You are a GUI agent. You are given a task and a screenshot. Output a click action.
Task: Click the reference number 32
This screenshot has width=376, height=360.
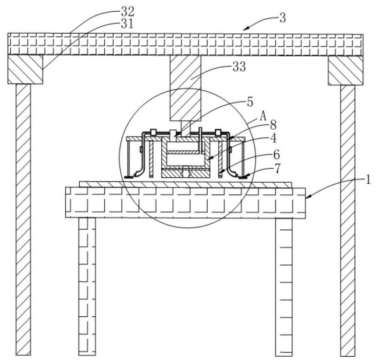[x=127, y=11]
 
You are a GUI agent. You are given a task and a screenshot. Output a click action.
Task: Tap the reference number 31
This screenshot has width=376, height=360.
[x=127, y=24]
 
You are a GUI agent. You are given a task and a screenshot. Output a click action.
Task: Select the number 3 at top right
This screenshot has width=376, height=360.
[x=283, y=18]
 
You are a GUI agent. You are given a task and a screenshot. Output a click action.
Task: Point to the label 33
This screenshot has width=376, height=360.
[x=239, y=67]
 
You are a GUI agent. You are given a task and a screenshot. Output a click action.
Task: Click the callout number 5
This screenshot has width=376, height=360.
[x=250, y=102]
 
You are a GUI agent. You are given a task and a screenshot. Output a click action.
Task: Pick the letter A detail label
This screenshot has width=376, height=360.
[x=263, y=117]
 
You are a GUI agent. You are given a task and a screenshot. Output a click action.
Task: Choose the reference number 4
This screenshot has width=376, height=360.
[x=274, y=138]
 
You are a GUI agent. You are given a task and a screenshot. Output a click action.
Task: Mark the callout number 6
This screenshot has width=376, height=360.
[x=276, y=155]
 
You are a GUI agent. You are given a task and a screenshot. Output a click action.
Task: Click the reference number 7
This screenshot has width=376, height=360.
[x=277, y=169]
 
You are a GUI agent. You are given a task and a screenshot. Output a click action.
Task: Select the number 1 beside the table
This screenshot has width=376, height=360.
[x=368, y=180]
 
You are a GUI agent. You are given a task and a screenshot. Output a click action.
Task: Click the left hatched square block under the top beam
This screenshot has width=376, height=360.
[x=25, y=69]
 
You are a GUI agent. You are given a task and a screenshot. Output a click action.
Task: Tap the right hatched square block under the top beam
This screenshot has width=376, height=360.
[x=345, y=70]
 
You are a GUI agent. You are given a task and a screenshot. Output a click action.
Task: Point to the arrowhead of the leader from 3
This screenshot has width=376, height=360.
[x=245, y=29]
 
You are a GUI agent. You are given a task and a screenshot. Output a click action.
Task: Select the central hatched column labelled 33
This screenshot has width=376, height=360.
[x=185, y=88]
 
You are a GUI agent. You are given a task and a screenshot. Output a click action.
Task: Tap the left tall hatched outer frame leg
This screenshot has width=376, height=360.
[x=23, y=219]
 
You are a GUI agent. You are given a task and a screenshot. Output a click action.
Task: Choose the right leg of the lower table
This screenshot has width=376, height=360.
[x=284, y=287]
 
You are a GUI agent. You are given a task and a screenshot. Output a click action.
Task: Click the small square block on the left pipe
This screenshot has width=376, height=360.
[x=154, y=132]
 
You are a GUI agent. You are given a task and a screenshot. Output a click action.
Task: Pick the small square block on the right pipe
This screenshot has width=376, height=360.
[x=218, y=132]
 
